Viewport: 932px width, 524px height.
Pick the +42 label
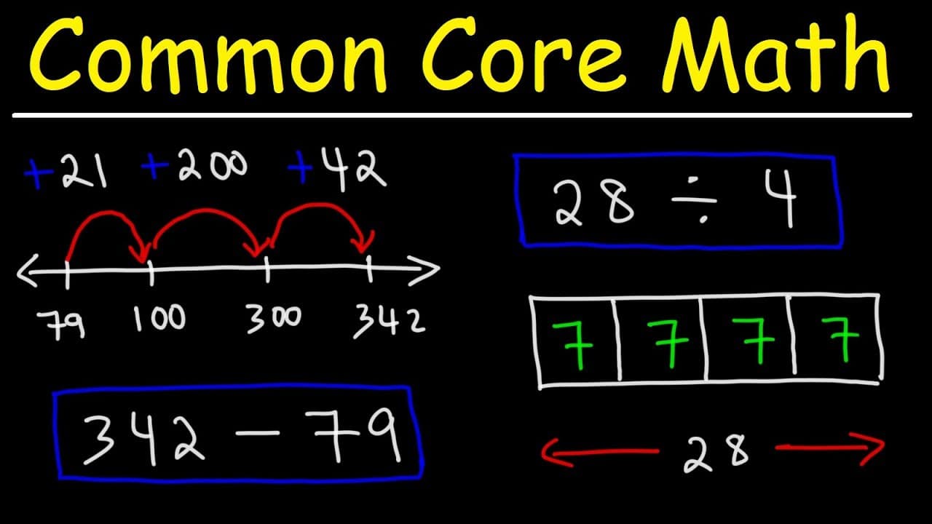337,170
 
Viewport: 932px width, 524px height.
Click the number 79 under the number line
62,325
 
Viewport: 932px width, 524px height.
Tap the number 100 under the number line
159,318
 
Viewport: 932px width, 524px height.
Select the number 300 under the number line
273,319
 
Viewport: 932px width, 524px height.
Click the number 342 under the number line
390,322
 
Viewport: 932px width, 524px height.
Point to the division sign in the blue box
695,200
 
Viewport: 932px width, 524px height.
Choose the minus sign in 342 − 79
257,433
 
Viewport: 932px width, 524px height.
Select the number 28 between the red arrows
716,454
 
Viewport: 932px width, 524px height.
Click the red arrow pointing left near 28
599,452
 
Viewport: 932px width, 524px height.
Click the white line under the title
462,115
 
